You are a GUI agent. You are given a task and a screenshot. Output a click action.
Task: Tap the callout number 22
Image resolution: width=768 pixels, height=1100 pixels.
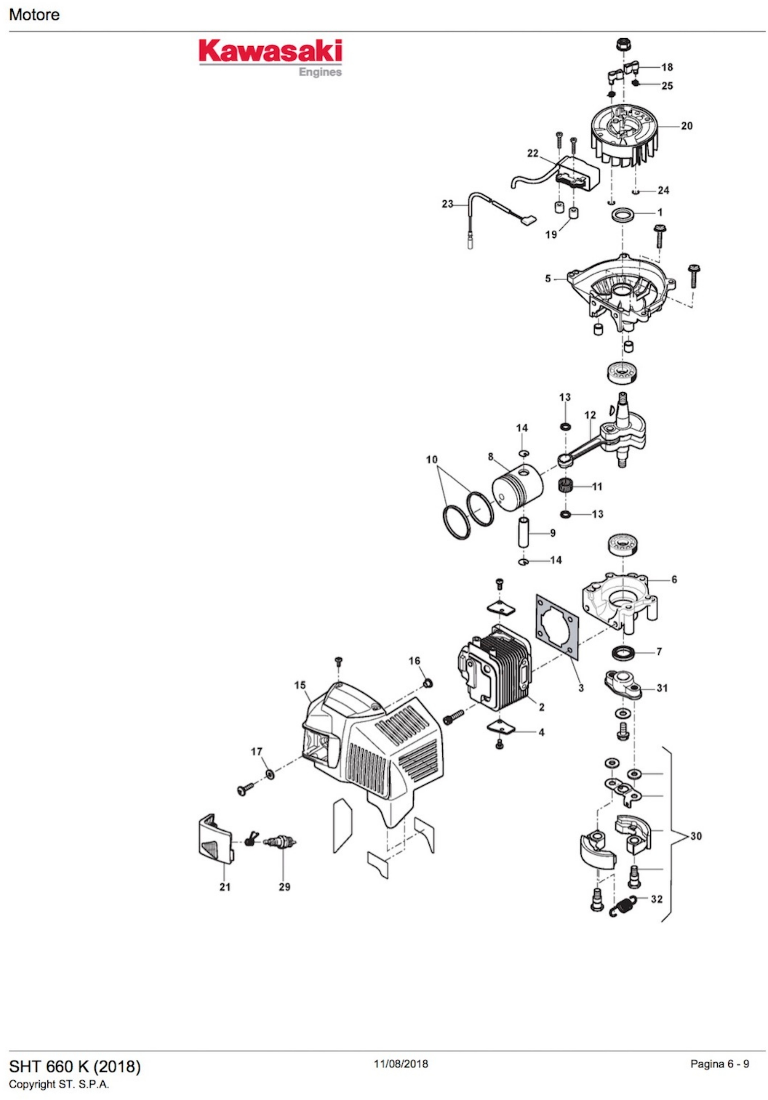point(533,153)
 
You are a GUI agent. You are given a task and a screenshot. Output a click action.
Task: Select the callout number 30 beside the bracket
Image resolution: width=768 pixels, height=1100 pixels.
point(696,836)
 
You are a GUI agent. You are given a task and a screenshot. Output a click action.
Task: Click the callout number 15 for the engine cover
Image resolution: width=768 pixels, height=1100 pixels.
point(300,685)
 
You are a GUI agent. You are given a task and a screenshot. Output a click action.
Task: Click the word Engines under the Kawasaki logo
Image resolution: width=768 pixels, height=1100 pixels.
point(320,72)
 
